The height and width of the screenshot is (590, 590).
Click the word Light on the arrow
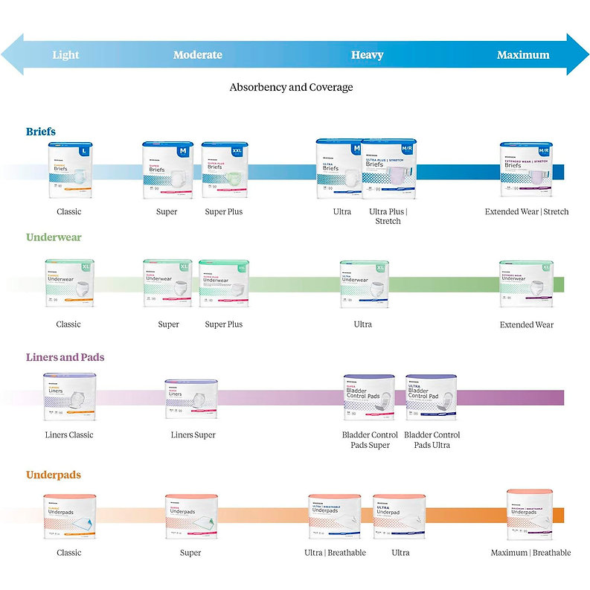pos(65,55)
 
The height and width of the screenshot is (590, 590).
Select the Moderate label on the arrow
pos(197,55)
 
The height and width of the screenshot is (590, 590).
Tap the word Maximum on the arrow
pos(523,55)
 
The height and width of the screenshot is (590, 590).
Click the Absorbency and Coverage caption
pos(291,87)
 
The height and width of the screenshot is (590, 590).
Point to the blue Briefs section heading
pos(41,132)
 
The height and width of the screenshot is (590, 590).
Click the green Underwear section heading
pos(54,238)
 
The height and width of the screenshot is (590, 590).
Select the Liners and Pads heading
pos(65,357)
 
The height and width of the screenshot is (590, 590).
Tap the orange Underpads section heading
pos(54,475)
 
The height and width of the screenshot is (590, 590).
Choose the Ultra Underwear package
pos(364,283)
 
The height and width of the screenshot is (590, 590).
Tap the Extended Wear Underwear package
pos(526,283)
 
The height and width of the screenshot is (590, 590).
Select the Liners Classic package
pos(70,397)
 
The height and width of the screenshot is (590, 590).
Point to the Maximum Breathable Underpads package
pos(530,515)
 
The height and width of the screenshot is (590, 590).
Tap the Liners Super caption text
pos(194,435)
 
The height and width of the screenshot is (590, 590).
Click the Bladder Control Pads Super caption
pos(369,440)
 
